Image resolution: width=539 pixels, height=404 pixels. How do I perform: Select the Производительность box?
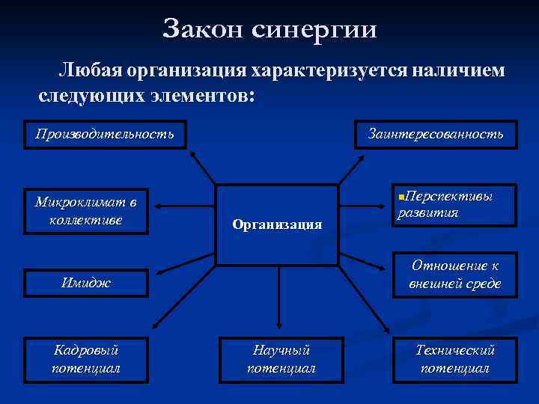click(x=104, y=135)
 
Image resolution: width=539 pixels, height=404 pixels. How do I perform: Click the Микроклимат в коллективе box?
click(x=86, y=210)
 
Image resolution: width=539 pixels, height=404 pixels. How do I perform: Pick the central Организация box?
click(x=277, y=224)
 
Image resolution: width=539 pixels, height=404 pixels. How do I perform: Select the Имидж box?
click(x=86, y=283)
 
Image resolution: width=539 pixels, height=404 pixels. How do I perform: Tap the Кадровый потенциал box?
click(x=86, y=358)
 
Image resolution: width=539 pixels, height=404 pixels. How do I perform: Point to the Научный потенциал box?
click(x=281, y=358)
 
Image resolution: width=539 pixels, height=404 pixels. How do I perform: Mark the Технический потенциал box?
click(x=455, y=358)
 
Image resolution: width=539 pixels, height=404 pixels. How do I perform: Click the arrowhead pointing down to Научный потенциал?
click(x=278, y=325)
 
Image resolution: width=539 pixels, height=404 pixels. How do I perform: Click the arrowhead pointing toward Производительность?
click(x=192, y=155)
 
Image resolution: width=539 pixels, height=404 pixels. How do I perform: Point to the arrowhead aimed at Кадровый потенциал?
click(x=153, y=326)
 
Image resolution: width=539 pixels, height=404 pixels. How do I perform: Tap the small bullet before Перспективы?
click(x=401, y=196)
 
